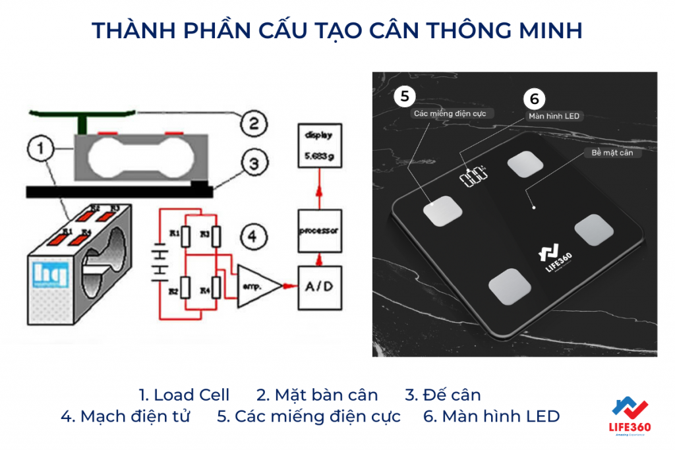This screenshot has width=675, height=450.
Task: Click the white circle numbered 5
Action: tap(405, 96)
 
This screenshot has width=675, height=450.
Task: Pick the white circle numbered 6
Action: tap(534, 99)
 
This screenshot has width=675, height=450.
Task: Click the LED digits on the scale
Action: tap(474, 177)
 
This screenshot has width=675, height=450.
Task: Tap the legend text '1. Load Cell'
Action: tap(184, 395)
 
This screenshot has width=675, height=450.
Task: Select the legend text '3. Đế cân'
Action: tap(442, 395)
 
